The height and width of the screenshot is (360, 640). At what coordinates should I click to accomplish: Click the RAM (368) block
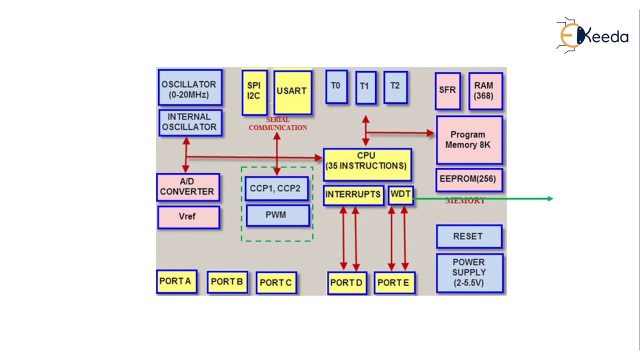pyautogui.click(x=485, y=91)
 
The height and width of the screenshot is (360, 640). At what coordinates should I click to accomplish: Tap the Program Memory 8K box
pyautogui.click(x=468, y=140)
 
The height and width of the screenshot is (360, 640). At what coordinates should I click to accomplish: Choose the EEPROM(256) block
pyautogui.click(x=468, y=179)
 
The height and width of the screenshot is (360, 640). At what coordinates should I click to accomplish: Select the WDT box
pyautogui.click(x=400, y=195)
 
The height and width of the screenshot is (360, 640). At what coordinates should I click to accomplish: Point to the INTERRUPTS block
pyautogui.click(x=353, y=195)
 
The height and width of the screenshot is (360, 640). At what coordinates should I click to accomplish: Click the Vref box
pyautogui.click(x=188, y=217)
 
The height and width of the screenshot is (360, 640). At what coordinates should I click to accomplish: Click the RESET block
pyautogui.click(x=468, y=236)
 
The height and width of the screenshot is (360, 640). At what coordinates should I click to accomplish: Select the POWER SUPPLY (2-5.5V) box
pyautogui.click(x=469, y=273)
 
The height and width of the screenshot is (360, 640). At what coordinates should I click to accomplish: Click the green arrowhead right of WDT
pyautogui.click(x=550, y=199)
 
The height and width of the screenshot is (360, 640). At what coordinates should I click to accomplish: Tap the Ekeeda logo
pyautogui.click(x=592, y=35)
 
